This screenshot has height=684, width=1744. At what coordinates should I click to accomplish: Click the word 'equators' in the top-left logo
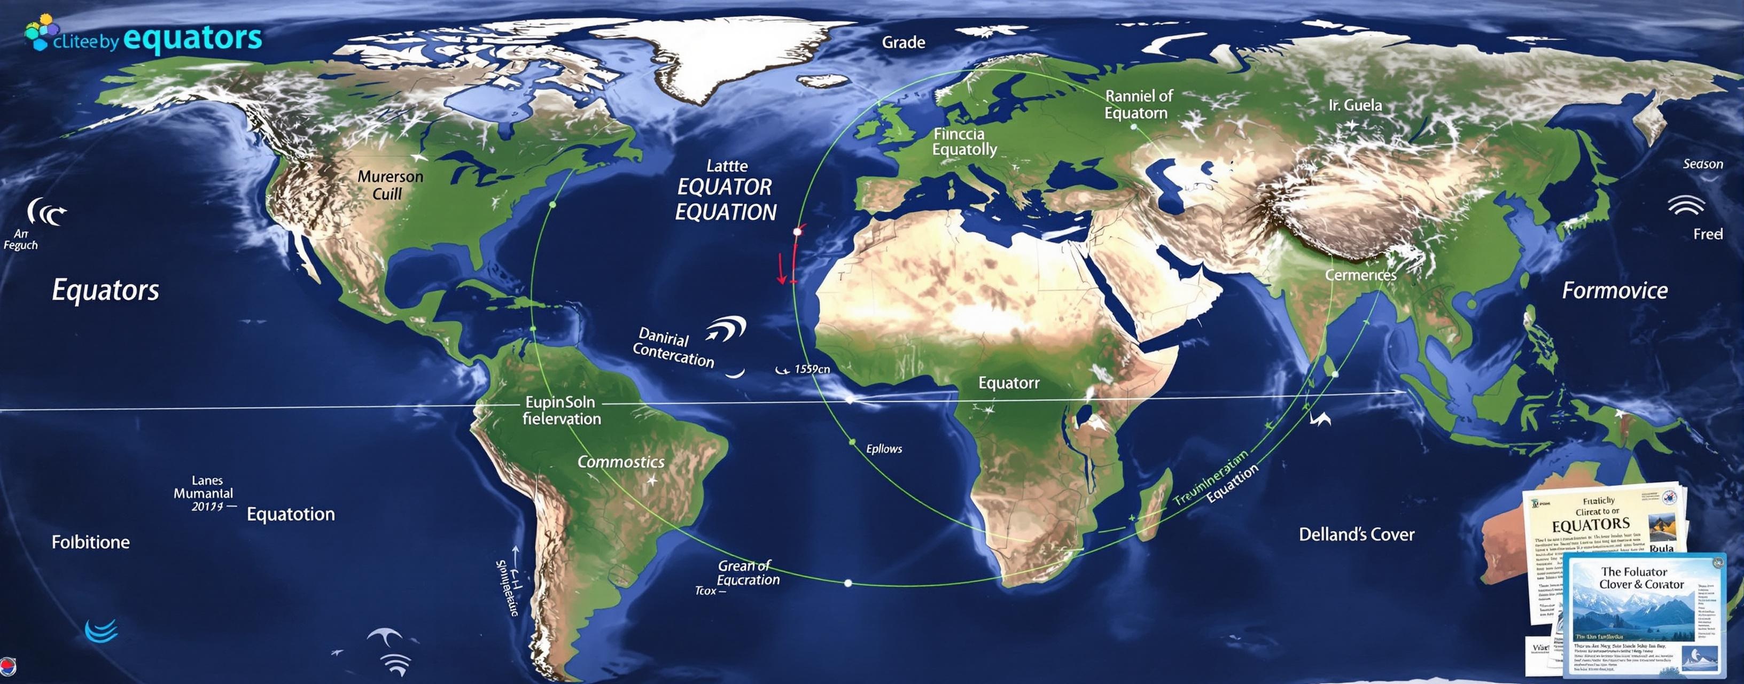click(193, 38)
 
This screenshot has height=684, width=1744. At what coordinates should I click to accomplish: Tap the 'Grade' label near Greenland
click(903, 42)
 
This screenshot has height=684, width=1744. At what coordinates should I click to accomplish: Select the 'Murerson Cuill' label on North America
click(390, 185)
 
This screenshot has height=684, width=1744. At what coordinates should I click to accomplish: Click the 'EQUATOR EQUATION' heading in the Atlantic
click(725, 200)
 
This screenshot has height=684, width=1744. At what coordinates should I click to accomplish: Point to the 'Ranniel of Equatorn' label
click(1138, 104)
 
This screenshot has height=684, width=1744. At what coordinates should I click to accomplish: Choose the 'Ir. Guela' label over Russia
click(1354, 105)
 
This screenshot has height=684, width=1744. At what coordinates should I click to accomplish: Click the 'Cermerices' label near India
click(1360, 275)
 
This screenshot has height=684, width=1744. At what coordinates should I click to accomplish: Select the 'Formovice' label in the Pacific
click(1614, 291)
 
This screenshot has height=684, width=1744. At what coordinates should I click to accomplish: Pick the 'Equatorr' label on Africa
click(1008, 383)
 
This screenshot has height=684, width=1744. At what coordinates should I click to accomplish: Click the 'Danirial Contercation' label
click(672, 347)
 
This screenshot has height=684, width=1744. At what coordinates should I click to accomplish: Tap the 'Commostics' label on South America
click(620, 462)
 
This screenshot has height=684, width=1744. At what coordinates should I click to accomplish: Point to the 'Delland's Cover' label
click(1356, 534)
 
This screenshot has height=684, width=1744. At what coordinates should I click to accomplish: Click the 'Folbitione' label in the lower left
click(91, 542)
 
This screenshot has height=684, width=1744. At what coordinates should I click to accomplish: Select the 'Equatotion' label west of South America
click(291, 514)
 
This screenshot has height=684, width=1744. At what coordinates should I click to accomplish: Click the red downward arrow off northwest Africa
click(781, 268)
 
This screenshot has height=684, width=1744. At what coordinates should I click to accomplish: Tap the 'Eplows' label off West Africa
click(884, 448)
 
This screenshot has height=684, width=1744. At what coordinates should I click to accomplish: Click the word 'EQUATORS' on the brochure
click(1590, 525)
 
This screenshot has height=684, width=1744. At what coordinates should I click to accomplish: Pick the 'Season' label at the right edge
click(1703, 164)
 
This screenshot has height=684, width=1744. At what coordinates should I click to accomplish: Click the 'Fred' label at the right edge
click(1708, 234)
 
